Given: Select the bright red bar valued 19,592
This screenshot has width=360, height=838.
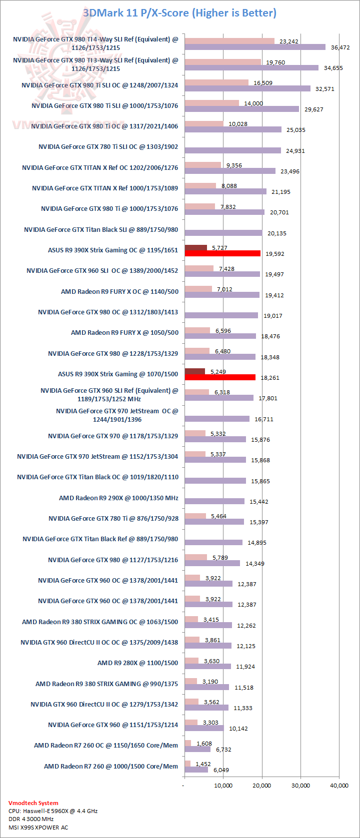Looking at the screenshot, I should [222, 253].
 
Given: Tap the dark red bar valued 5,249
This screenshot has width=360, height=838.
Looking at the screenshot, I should [194, 371].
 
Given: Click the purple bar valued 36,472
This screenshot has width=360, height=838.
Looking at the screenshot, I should [255, 47].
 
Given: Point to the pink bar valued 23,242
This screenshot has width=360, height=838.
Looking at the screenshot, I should [229, 41].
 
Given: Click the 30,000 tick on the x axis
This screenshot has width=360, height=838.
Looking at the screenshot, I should [300, 786].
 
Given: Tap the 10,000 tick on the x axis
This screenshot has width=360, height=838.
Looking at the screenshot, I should [223, 786].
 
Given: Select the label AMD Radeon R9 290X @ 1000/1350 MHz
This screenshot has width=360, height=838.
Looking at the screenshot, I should [118, 498].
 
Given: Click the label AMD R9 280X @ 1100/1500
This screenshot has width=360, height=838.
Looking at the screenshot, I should [137, 663].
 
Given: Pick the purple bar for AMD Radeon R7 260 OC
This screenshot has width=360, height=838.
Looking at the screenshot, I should [197, 749].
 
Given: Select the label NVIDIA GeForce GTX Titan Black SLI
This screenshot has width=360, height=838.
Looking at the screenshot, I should [101, 230].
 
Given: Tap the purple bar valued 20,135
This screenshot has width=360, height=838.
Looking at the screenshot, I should [223, 233].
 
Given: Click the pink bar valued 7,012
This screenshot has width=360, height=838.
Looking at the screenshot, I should [198, 289].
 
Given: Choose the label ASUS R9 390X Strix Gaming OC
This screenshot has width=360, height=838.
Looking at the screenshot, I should [113, 250].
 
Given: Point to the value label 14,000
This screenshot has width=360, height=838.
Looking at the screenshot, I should [253, 103].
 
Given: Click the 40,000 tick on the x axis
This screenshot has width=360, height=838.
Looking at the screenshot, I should [339, 786].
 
